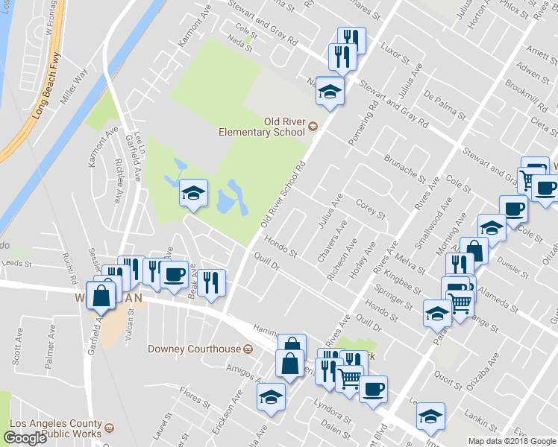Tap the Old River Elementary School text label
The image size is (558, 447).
tap(262, 127)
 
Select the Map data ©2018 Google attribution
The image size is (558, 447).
tap(511, 441)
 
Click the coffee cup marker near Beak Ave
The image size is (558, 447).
tap(174, 274)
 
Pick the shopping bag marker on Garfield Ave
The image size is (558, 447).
tap(101, 296)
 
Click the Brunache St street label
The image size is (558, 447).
tap(404, 169)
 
